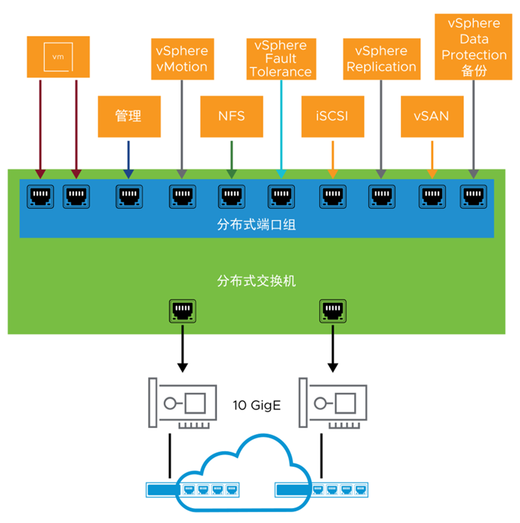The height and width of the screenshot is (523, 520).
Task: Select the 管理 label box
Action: coord(128,116)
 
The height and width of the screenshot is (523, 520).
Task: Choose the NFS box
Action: coord(231,116)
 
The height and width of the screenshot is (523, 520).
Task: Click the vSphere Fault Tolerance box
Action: coord(281,59)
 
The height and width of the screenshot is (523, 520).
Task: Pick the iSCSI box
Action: coord(333,116)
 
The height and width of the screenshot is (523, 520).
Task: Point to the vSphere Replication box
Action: coord(381,59)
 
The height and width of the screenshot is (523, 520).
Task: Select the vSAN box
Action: coord(432,116)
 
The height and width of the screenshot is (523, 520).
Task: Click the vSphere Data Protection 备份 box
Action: coord(474,48)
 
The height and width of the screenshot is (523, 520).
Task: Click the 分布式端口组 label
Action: coord(256,224)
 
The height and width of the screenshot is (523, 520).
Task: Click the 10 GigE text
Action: coord(256,406)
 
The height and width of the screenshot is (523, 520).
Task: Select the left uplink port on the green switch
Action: coord(182,309)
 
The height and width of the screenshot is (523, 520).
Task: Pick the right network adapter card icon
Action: coord(332,404)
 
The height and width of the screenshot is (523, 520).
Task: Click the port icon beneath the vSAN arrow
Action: coord(432,196)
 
